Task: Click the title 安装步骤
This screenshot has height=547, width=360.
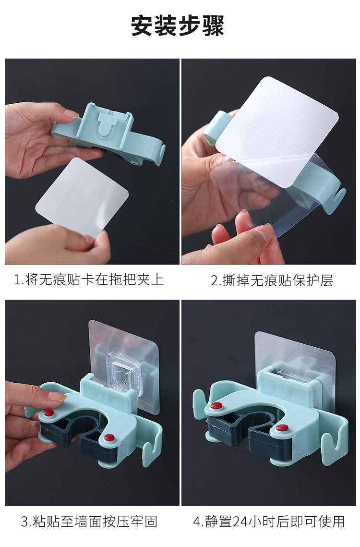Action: pyautogui.click(x=178, y=25)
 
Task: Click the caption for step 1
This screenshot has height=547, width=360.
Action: pyautogui.click(x=89, y=280)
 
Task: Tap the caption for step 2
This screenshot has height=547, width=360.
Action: pyautogui.click(x=272, y=280)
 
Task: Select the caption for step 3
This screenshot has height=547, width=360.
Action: pyautogui.click(x=89, y=522)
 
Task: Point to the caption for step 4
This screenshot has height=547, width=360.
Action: pyautogui.click(x=269, y=522)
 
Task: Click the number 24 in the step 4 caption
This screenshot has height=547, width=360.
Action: pyautogui.click(x=240, y=522)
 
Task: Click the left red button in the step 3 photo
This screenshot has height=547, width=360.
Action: pyautogui.click(x=48, y=413)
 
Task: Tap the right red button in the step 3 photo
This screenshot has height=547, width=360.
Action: pyautogui.click(x=109, y=438)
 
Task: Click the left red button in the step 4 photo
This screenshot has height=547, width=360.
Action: pyautogui.click(x=216, y=406)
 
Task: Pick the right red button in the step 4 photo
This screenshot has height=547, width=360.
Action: pyautogui.click(x=282, y=428)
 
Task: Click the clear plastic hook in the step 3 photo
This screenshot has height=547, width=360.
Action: pyautogui.click(x=124, y=374)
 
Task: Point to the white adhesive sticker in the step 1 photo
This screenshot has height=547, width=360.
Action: pyautogui.click(x=82, y=196)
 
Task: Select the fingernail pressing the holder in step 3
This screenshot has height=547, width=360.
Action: pyautogui.click(x=57, y=396)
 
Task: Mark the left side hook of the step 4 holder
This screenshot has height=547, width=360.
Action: pyautogui.click(x=199, y=401)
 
